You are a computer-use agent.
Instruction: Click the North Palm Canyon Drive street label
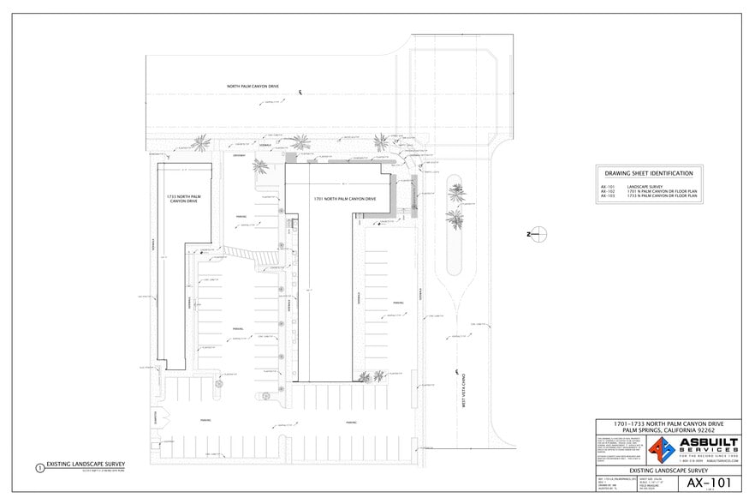(x=253, y=87)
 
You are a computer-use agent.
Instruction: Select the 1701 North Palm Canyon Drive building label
(x=344, y=198)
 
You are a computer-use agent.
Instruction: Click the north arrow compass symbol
(x=538, y=234)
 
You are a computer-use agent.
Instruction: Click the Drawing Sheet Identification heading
(x=649, y=173)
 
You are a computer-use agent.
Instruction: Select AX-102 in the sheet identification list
(x=608, y=191)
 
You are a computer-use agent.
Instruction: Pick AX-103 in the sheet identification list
(x=608, y=196)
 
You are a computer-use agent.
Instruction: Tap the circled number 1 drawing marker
(x=39, y=468)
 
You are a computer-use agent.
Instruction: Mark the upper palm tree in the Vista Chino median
(x=455, y=193)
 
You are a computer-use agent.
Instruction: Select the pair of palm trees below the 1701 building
(x=372, y=376)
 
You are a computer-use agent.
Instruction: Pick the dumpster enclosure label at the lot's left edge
(x=157, y=417)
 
